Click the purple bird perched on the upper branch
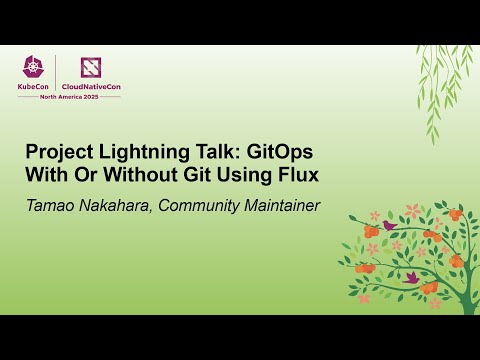click(388, 226)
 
